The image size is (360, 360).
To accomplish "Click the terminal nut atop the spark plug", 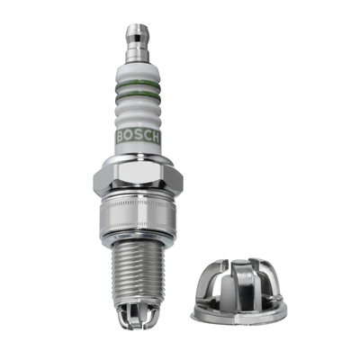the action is coord(138,44).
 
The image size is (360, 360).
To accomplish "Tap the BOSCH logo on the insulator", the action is coord(138,137).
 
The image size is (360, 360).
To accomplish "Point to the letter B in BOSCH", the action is coord(121,137).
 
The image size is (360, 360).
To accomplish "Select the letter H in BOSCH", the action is coord(155,137).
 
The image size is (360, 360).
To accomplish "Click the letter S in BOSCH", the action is coord(138,137).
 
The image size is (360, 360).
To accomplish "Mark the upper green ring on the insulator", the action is coord(139,85).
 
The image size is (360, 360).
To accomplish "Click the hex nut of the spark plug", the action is coord(138,179).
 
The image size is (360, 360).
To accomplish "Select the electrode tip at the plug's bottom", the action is coord(138,316).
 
